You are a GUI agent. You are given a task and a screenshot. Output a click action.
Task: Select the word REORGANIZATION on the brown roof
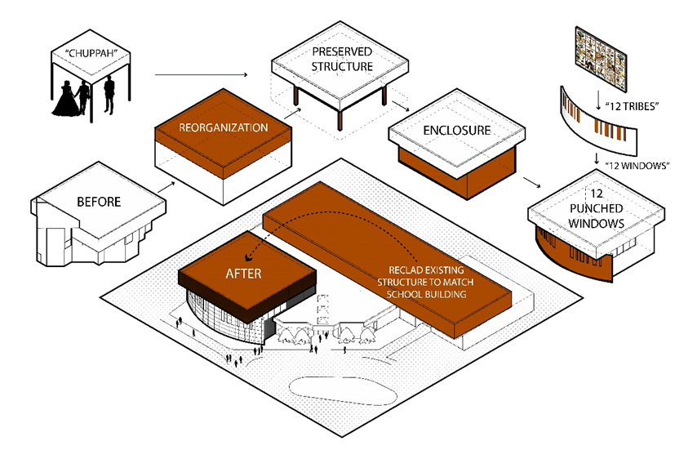[x=223, y=127]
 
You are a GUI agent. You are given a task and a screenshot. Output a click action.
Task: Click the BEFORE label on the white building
[x=99, y=202]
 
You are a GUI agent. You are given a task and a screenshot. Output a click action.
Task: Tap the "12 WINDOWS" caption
[x=638, y=166]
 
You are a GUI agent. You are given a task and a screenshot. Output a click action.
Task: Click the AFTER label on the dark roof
[x=244, y=273]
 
